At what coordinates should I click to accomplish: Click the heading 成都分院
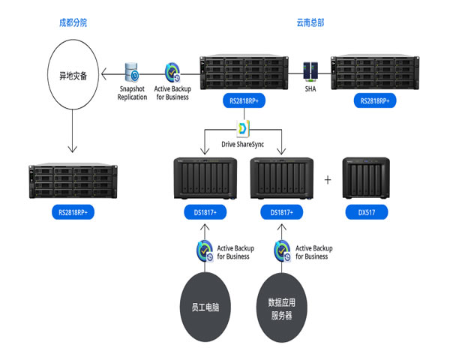(x=73, y=22)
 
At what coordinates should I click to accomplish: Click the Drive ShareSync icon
(x=242, y=129)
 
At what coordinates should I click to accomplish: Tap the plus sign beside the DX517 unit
(x=326, y=180)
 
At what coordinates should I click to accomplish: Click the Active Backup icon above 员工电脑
(x=202, y=250)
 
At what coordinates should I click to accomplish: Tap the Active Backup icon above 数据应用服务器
(x=283, y=250)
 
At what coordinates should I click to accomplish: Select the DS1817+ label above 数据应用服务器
(x=281, y=213)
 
